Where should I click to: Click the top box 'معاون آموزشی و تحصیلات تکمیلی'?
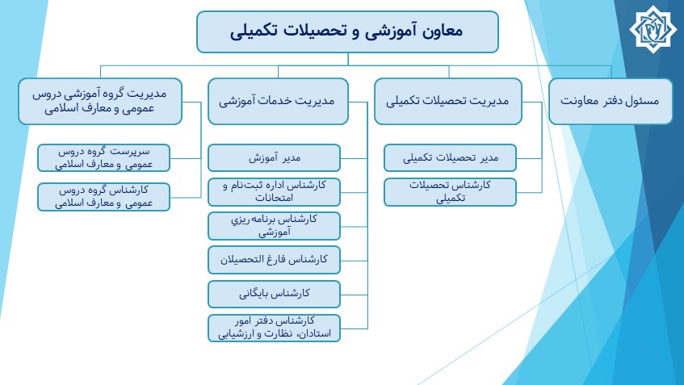pyautogui.click(x=347, y=31)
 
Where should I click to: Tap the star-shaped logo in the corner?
pyautogui.click(x=653, y=29)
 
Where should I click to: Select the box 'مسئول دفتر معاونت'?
pyautogui.click(x=611, y=101)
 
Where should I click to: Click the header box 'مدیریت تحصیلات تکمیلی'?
pyautogui.click(x=448, y=101)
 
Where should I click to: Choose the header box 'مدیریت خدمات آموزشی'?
pyautogui.click(x=278, y=101)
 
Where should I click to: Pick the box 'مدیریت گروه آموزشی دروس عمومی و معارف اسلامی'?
pyautogui.click(x=100, y=101)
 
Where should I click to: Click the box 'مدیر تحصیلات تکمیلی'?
pyautogui.click(x=450, y=158)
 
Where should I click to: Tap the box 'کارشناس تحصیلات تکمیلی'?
pyautogui.click(x=450, y=192)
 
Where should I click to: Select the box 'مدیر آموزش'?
pyautogui.click(x=274, y=158)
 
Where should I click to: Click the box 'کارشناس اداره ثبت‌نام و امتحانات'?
pyautogui.click(x=274, y=192)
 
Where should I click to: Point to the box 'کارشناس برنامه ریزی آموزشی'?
pyautogui.click(x=274, y=226)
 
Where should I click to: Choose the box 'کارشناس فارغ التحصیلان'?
pyautogui.click(x=274, y=260)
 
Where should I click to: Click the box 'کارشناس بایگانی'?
pyautogui.click(x=274, y=294)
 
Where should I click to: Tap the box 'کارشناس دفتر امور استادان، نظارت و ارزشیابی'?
pyautogui.click(x=274, y=328)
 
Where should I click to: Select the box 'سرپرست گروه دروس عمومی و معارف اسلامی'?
pyautogui.click(x=104, y=158)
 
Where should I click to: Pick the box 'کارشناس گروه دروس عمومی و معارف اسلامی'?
pyautogui.click(x=104, y=197)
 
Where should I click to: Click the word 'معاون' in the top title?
pyautogui.click(x=442, y=31)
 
